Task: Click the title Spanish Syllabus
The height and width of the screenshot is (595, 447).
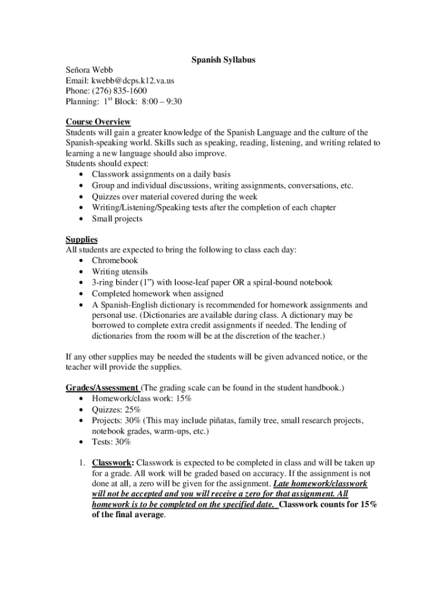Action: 223,59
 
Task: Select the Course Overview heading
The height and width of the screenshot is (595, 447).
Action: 98,121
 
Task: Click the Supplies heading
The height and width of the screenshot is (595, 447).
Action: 81,239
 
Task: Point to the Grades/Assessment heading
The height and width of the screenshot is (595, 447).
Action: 102,388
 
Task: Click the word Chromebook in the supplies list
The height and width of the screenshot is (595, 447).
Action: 115,260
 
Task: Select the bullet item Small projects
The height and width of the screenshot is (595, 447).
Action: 117,218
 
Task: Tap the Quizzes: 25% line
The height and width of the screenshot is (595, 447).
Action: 116,409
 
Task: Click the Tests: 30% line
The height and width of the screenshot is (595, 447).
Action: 111,442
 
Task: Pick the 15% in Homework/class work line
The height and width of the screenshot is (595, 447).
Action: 183,399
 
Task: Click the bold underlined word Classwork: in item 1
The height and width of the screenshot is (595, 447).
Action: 113,463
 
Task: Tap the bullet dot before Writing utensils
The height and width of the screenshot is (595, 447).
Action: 80,271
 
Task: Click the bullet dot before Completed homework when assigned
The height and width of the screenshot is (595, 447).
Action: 80,293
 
